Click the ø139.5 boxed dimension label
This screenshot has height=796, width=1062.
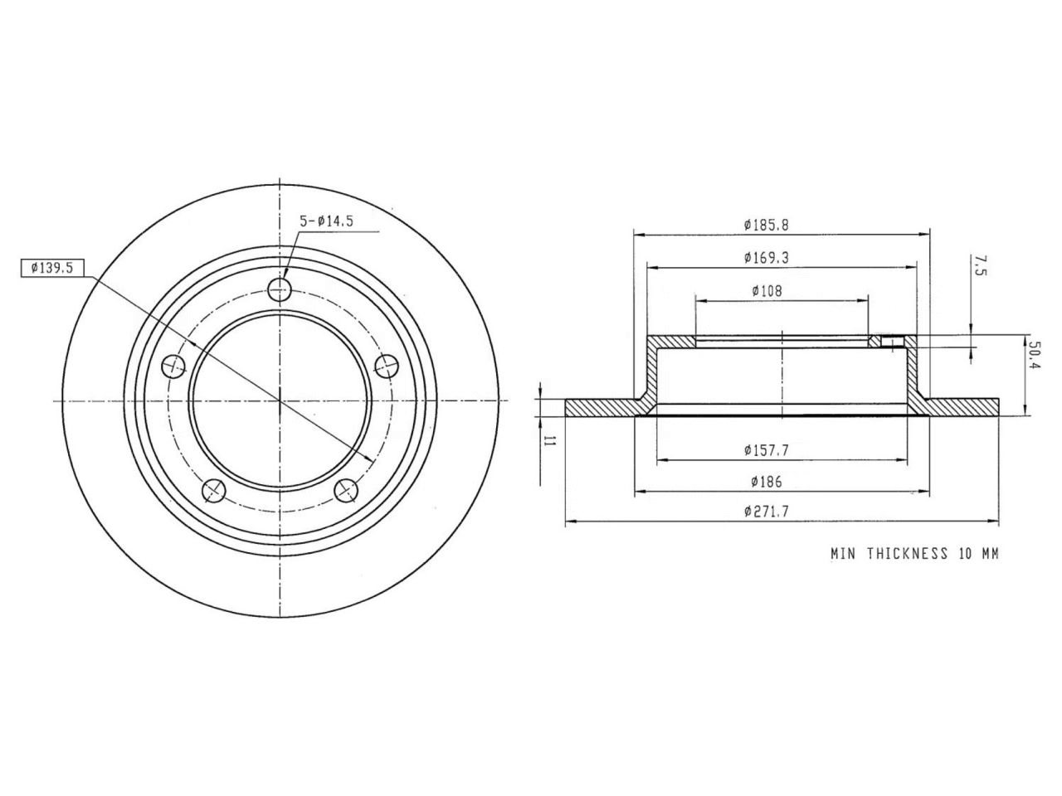click(52, 268)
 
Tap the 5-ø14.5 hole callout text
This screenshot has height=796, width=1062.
click(327, 222)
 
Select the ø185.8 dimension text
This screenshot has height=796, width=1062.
click(767, 226)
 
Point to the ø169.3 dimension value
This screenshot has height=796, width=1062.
click(767, 258)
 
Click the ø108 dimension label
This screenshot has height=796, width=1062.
click(767, 291)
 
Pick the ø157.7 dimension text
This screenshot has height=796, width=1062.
click(767, 450)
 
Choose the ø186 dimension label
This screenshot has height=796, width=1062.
click(767, 482)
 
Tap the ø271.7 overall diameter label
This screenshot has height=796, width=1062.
click(767, 512)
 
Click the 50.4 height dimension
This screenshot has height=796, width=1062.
click(1034, 355)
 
